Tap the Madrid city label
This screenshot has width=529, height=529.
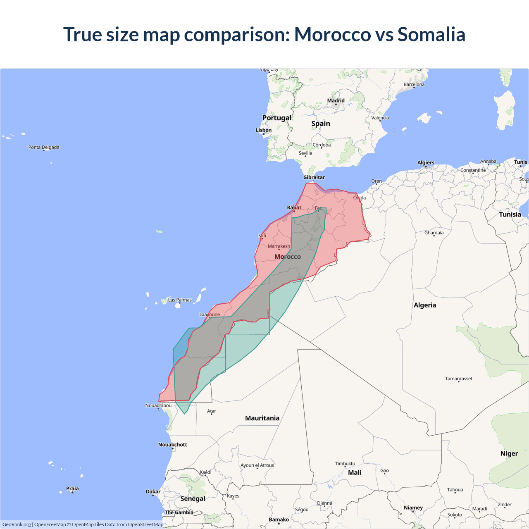point(336,100)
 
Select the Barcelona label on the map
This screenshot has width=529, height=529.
point(414,84)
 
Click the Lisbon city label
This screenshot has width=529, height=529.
point(264,130)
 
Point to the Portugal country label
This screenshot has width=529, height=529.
point(277,118)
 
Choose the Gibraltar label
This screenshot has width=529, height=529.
point(314,177)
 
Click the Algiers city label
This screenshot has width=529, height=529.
point(426,162)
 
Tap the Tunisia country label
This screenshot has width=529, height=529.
point(510,214)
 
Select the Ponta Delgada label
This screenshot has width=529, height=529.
point(44,147)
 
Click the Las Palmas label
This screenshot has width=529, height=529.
point(180,300)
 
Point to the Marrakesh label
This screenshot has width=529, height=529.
point(279,246)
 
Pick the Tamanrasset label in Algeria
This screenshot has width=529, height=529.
point(458,379)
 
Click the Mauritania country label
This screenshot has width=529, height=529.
point(262,418)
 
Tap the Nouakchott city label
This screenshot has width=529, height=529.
point(173,445)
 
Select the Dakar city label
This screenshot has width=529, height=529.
point(153,492)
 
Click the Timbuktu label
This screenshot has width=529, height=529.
point(345,464)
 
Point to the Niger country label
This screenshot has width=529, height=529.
point(509,453)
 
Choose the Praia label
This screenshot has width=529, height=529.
point(72,488)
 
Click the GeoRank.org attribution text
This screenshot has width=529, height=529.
point(17,524)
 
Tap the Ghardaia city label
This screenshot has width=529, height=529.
point(434,233)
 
